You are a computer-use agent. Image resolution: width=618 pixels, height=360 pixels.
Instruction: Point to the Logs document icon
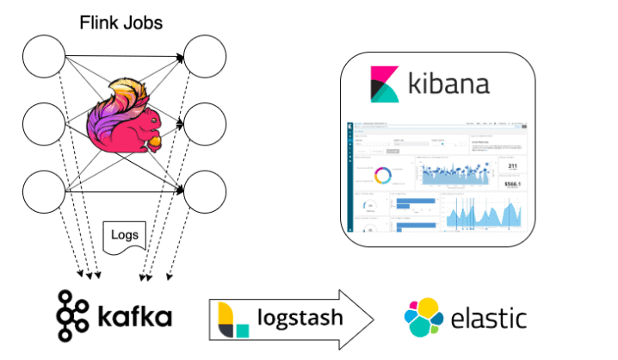[x=121, y=234]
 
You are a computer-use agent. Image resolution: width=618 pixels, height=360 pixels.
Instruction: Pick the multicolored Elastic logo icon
[x=423, y=317]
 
